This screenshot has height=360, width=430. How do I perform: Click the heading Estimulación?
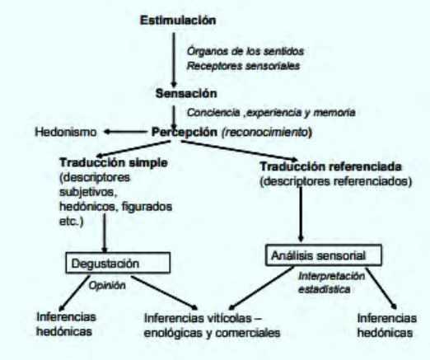tap(178, 21)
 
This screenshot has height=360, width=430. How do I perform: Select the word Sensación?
tap(186, 94)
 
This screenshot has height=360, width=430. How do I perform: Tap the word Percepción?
tap(185, 132)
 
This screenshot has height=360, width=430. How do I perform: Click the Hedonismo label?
tap(66, 132)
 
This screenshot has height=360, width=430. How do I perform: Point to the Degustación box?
tap(118, 263)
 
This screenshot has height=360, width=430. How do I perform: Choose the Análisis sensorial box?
tap(324, 255)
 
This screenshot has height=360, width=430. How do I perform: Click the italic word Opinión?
tap(107, 286)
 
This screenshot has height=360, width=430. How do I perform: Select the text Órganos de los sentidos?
tap(245, 51)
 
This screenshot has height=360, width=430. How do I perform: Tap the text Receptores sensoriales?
tap(243, 66)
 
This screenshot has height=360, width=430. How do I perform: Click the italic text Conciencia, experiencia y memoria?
tap(271, 112)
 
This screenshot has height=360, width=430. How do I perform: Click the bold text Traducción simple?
tap(114, 162)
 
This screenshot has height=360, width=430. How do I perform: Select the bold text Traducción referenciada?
tap(331, 166)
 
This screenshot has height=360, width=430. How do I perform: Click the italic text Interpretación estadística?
tap(331, 283)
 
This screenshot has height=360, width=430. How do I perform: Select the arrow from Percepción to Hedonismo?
tap(125, 132)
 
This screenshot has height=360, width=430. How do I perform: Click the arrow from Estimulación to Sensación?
tap(174, 60)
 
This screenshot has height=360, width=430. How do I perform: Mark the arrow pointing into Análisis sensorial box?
tap(301, 214)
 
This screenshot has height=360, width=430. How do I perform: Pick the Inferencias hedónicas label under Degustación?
tap(66, 324)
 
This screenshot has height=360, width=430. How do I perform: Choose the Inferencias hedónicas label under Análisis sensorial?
tap(386, 325)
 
